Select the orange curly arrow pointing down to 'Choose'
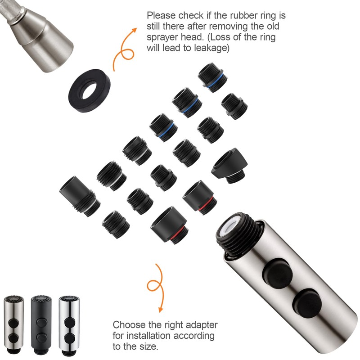156,288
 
